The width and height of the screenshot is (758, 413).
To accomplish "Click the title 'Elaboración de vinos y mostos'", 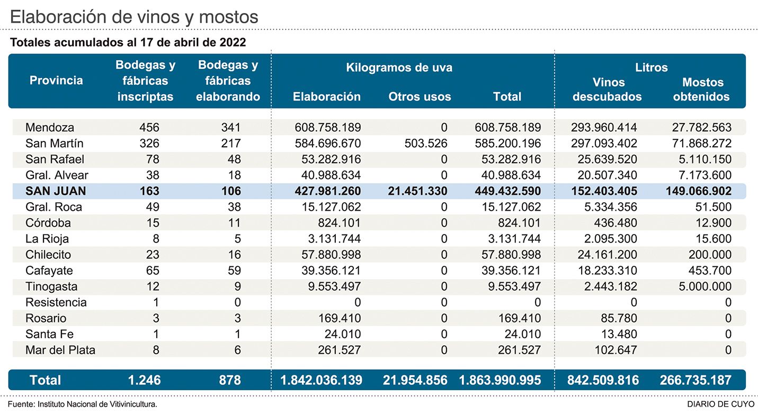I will (134, 16).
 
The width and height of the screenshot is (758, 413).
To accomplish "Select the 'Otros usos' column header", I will (420, 96).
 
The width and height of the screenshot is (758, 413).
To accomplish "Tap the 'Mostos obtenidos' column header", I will (702, 89).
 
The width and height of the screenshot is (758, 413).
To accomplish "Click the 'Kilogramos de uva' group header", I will (399, 68).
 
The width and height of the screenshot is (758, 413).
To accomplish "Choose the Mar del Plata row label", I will (60, 350).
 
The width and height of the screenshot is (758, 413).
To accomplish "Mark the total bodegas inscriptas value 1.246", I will (144, 380).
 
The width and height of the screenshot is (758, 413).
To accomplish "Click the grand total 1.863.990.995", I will (500, 380).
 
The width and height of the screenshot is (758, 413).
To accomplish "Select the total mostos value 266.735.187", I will (695, 380).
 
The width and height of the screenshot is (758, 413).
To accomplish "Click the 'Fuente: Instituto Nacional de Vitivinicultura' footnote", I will (83, 405).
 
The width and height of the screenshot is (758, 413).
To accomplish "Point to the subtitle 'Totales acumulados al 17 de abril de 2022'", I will (128, 42).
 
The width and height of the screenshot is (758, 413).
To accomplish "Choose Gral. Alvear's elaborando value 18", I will (233, 175).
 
